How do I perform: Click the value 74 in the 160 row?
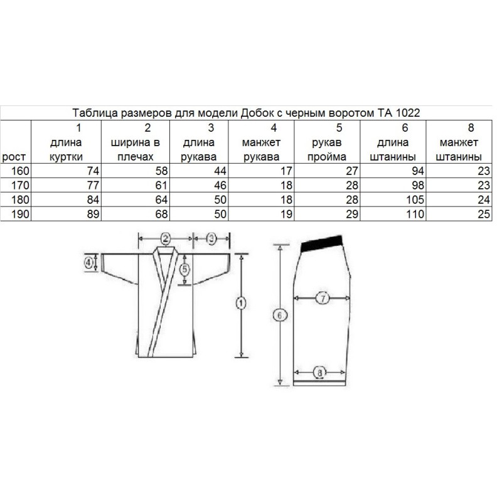click(x=93, y=171)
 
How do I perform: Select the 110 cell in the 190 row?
click(x=415, y=214)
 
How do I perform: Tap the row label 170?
click(x=20, y=185)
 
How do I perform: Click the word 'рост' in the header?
click(x=14, y=157)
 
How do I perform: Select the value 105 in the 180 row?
click(x=415, y=200)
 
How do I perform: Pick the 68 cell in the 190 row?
click(x=161, y=214)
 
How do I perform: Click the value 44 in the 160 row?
click(x=220, y=171)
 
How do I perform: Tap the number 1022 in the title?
click(x=407, y=113)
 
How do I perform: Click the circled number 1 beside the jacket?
click(x=241, y=303)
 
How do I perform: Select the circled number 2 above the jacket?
click(x=166, y=238)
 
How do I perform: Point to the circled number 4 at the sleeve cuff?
click(x=88, y=262)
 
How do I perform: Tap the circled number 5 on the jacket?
click(x=184, y=269)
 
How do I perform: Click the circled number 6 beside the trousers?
click(x=280, y=316)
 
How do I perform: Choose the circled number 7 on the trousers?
click(x=323, y=299)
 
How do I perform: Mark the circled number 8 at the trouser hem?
click(x=320, y=372)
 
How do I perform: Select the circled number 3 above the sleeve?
click(x=211, y=238)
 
